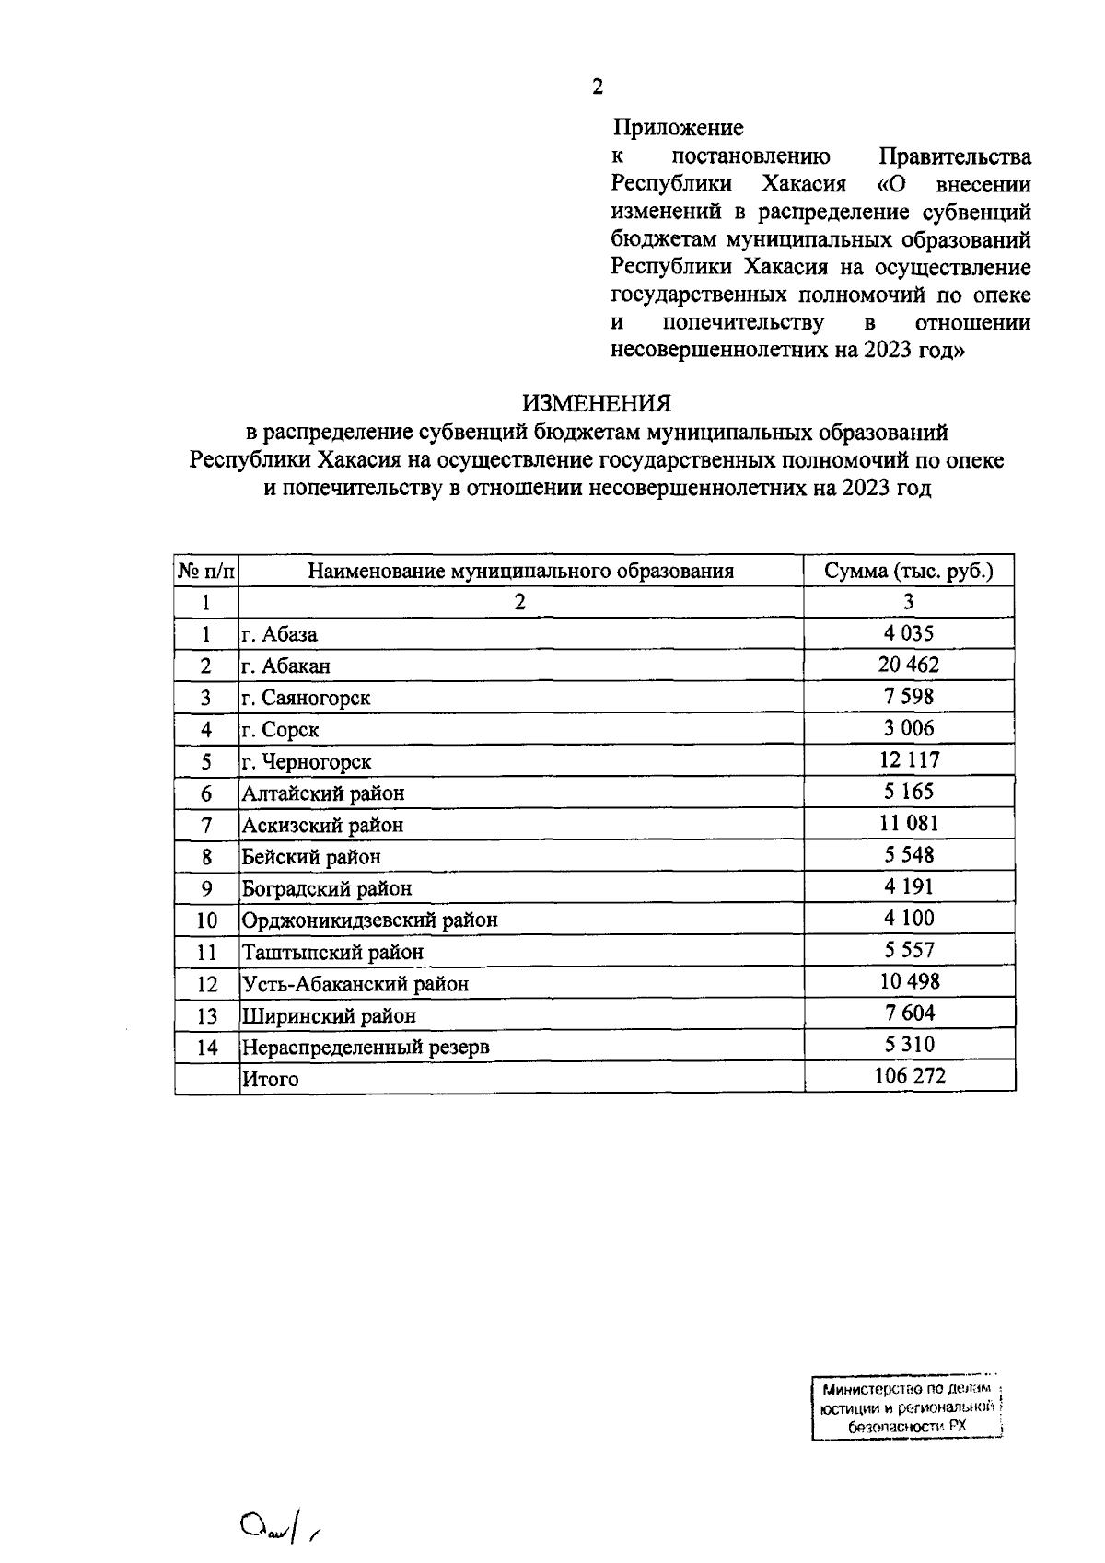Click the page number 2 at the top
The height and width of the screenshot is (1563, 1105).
598,87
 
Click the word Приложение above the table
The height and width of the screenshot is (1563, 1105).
678,127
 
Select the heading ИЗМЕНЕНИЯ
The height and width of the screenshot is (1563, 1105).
597,403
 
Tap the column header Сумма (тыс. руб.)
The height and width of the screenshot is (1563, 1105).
909,571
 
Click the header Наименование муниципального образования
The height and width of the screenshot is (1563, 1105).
520,571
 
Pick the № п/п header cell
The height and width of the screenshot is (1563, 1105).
206,572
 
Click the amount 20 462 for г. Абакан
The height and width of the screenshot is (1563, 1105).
909,665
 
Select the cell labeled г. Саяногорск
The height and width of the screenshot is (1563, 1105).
306,698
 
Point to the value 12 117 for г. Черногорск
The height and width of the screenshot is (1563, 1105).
909,759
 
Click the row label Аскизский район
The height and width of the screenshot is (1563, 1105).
322,825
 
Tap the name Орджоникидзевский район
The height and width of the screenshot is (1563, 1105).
369,920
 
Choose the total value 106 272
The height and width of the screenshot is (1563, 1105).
909,1075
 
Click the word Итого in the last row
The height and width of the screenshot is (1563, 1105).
270,1079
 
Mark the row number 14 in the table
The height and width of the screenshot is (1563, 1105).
207,1048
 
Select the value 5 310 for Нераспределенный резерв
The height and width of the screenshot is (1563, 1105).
909,1044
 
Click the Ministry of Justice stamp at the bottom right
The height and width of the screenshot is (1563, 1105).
907,1408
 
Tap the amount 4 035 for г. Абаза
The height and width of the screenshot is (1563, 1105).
909,633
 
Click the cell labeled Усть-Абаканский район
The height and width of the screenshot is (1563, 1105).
355,984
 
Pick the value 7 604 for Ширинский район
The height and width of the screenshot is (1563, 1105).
909,1013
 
